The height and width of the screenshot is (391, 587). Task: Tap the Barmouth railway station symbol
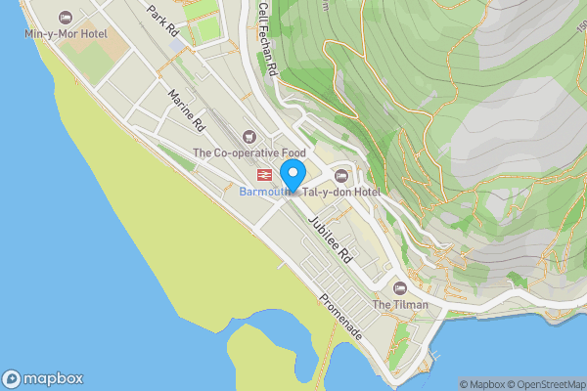(263, 174)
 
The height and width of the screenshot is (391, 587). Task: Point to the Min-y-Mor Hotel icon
(66, 18)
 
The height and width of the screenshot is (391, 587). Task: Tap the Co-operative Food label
(249, 152)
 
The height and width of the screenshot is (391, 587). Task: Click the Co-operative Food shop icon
(248, 136)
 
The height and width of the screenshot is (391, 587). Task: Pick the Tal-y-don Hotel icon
(340, 175)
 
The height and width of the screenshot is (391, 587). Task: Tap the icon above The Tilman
(399, 287)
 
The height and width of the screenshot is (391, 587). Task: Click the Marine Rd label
(186, 111)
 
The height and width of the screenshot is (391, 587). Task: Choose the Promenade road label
(339, 317)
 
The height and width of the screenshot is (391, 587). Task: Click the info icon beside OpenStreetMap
(579, 384)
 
